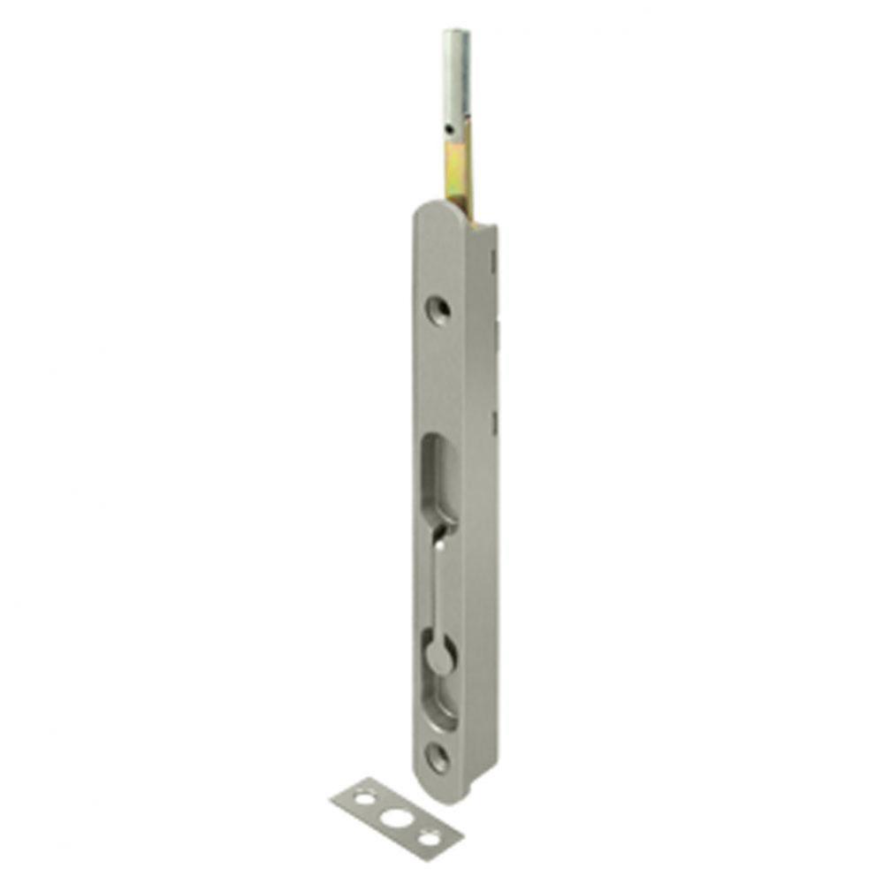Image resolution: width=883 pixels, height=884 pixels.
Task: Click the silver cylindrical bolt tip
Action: click(457, 80)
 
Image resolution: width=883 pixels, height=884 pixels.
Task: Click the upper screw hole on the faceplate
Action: click(438, 309)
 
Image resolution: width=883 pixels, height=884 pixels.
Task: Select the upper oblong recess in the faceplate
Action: click(439, 477)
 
